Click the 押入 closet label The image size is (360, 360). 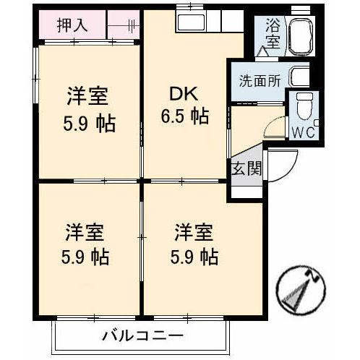[72, 25]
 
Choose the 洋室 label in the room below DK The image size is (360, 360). [193, 233]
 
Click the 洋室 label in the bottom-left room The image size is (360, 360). [85, 233]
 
